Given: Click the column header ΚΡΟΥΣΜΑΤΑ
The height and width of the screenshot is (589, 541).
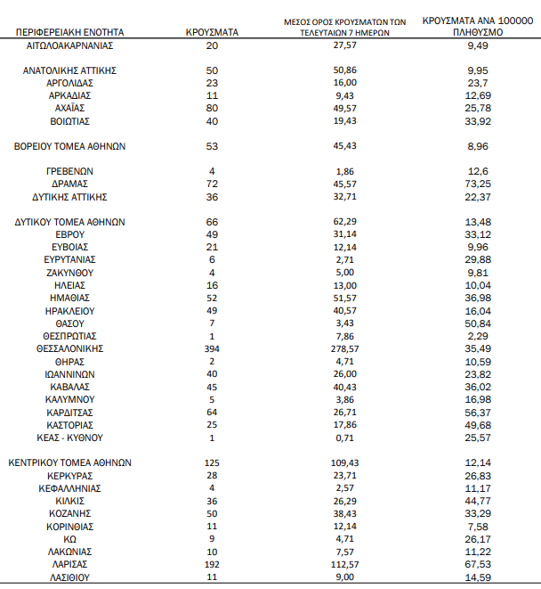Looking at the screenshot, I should [213, 31].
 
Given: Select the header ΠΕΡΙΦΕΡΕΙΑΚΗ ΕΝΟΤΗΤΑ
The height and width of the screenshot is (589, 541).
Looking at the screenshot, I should [69, 31].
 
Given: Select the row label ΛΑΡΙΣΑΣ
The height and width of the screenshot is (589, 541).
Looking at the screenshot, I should [69, 565].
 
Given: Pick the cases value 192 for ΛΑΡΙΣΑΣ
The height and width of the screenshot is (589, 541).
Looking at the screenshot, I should [213, 565].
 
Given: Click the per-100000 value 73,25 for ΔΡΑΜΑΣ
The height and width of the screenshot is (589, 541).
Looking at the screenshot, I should [480, 184].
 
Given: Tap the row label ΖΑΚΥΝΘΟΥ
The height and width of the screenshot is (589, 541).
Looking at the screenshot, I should [69, 273].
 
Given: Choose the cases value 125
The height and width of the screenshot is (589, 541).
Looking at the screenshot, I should [213, 463].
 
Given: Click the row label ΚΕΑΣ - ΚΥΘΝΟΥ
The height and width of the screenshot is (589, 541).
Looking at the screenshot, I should [69, 438].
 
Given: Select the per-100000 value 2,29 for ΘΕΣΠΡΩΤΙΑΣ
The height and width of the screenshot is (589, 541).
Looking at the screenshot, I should [480, 336].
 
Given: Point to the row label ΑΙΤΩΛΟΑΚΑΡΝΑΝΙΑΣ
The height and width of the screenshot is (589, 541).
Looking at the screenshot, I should [69, 45].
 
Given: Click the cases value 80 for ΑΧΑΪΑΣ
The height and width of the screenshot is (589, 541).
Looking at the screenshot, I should [213, 108].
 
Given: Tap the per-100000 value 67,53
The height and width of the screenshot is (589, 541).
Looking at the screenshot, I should [480, 565].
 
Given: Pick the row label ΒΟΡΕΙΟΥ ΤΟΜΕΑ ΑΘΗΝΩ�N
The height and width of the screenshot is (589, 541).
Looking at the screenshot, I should [69, 146].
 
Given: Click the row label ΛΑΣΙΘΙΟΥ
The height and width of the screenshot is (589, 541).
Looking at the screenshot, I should [69, 577].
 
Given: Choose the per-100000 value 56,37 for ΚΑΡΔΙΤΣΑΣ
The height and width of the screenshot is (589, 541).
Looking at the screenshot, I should [480, 413].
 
